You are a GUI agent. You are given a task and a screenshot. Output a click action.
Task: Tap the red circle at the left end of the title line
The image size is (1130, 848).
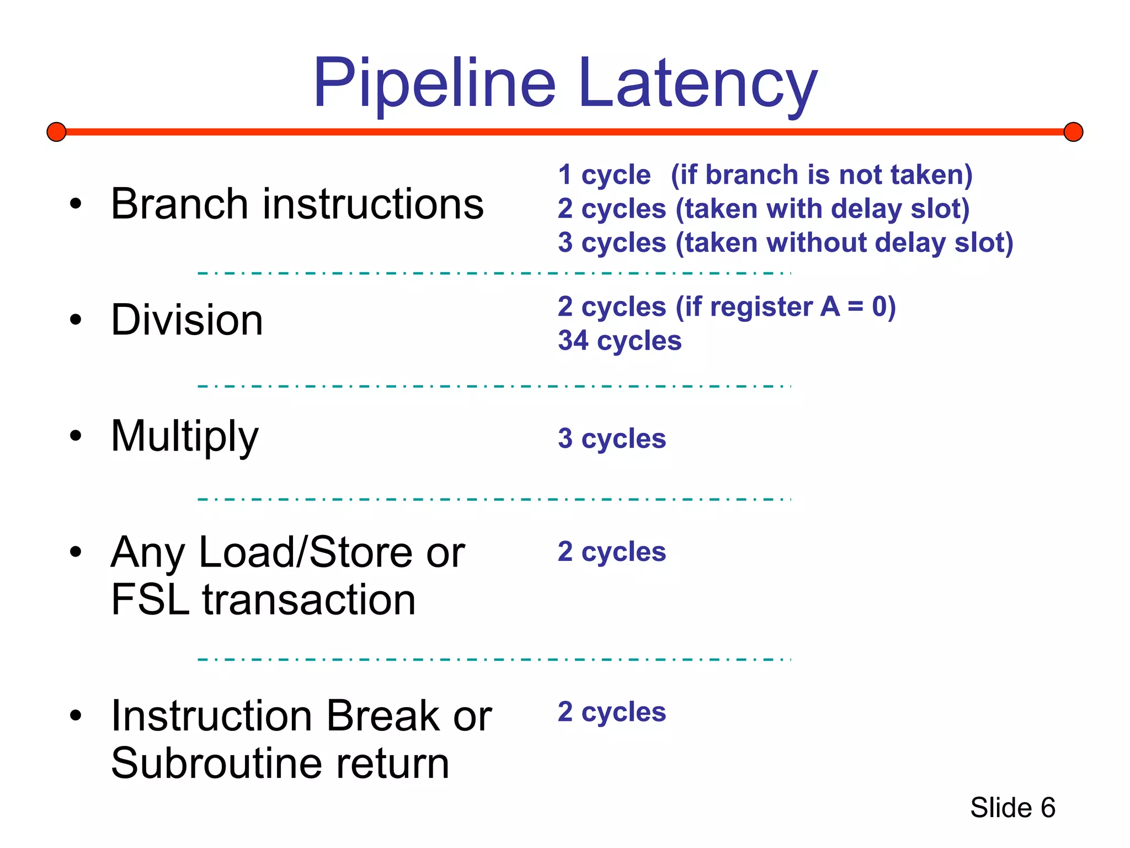click(x=56, y=132)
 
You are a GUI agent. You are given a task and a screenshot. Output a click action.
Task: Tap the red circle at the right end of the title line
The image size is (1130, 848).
click(x=1073, y=132)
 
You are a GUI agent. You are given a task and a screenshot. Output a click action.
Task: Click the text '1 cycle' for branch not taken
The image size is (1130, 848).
click(x=604, y=175)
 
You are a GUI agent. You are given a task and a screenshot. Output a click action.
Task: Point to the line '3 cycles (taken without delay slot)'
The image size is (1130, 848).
click(x=785, y=242)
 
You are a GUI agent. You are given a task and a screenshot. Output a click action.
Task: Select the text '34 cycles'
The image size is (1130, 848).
click(x=619, y=341)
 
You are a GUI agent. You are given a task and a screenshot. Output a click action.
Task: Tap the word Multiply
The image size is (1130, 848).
click(x=184, y=437)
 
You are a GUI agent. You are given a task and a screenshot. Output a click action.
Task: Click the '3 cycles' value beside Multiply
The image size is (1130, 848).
click(x=611, y=439)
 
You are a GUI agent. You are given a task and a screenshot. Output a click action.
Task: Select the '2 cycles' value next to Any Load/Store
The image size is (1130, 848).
click(x=611, y=552)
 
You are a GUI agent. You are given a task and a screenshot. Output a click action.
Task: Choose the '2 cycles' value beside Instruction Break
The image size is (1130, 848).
click(x=611, y=712)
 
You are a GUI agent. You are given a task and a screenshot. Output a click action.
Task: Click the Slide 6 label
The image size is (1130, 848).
click(x=1012, y=808)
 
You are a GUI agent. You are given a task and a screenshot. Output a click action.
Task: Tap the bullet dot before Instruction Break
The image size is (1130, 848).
click(x=76, y=715)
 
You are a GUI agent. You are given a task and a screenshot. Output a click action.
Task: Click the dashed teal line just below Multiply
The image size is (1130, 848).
click(x=494, y=499)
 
